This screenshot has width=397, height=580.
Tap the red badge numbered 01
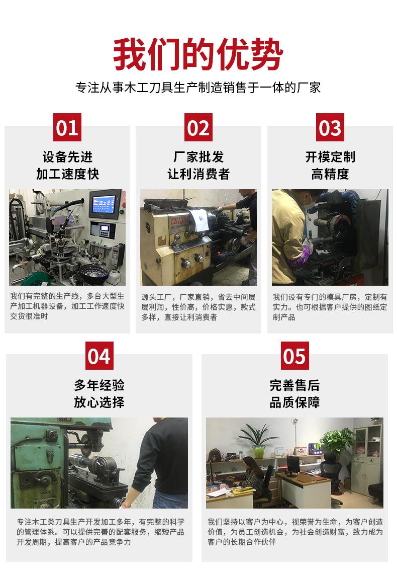click(67, 127)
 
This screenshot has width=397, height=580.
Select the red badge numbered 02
click(198, 127)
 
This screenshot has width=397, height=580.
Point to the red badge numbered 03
click(330, 127)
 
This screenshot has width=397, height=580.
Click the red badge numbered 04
click(98, 356)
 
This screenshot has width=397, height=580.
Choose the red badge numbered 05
click(294, 356)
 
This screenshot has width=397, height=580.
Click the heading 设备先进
click(67, 157)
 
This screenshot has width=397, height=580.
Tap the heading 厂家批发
click(198, 157)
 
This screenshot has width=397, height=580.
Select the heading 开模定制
click(330, 157)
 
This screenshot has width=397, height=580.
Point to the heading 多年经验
click(99, 385)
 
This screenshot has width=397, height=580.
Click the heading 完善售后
click(294, 385)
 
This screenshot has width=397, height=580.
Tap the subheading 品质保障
click(294, 402)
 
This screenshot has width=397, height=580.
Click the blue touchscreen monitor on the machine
click(105, 205)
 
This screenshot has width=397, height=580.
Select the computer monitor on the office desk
click(293, 464)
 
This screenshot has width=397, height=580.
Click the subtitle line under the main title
click(198, 88)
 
